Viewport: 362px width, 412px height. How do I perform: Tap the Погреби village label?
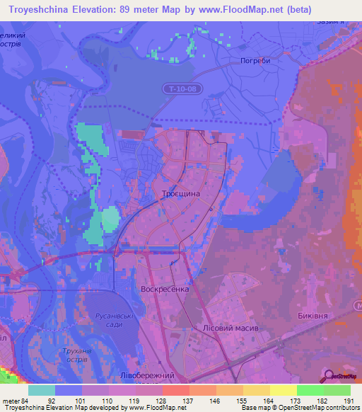pos(255,60)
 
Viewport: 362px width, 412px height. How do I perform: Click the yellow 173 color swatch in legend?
pos(283,390)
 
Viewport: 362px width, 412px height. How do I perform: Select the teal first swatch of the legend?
pos(42,390)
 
